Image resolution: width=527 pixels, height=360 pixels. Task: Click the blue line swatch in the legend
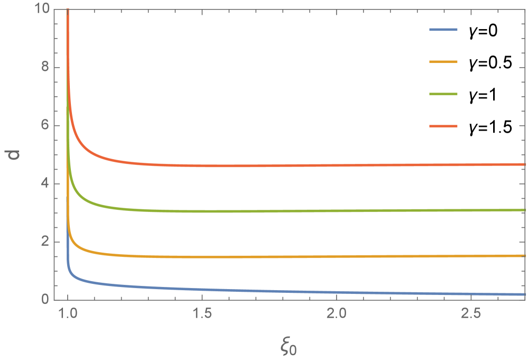(x=443, y=30)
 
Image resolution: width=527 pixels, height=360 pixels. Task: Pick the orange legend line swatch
(x=443, y=62)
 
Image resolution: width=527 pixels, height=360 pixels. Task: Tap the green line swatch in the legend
(x=443, y=94)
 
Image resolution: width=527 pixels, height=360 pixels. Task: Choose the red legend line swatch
(x=443, y=126)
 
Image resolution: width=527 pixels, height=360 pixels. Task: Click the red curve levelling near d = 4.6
(x=317, y=165)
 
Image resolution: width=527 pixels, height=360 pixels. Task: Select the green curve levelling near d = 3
(x=317, y=211)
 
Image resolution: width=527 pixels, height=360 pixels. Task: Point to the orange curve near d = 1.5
(x=317, y=256)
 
